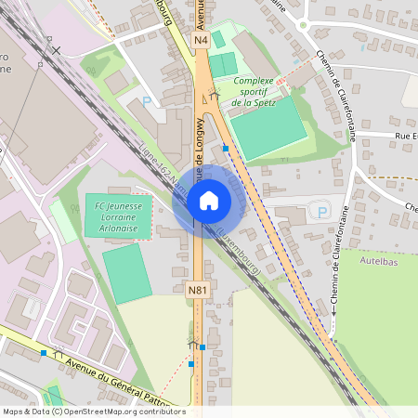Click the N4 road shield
click(x=202, y=41)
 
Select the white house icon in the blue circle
click(x=208, y=201)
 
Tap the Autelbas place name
click(x=380, y=262)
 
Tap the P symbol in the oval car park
click(x=322, y=212)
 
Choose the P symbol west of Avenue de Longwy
click(x=145, y=100)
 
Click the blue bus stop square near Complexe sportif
click(x=226, y=147)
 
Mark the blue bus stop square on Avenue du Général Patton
click(x=44, y=353)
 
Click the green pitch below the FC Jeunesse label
click(x=126, y=272)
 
